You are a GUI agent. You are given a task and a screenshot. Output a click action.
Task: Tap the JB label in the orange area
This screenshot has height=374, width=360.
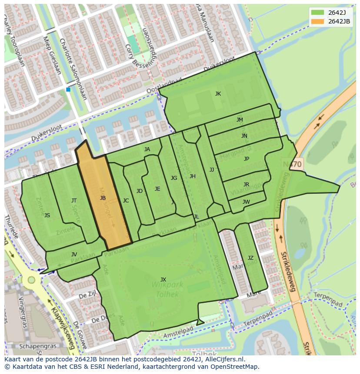click(x=103, y=198)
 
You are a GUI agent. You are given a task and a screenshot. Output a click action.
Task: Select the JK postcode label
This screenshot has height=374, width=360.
click(x=218, y=94)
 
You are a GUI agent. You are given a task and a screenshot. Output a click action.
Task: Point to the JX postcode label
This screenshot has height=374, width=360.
click(x=163, y=279)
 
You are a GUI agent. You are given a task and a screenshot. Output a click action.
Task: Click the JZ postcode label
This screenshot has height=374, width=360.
click(x=250, y=258)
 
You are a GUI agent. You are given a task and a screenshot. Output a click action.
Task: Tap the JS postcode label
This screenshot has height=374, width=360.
click(x=47, y=215)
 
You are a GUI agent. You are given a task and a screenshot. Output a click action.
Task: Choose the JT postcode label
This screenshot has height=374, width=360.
click(x=74, y=201)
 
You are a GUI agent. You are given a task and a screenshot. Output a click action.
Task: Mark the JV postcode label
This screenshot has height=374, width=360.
click(x=74, y=255)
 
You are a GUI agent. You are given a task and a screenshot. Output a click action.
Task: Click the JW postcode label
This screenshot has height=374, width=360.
click(x=246, y=202)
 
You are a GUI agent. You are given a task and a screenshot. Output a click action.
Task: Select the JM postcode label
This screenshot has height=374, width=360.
click(x=240, y=120)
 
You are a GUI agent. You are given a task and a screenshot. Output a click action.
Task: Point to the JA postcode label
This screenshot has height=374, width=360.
click(x=147, y=149)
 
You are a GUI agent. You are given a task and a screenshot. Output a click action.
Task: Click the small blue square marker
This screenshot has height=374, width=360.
click(x=68, y=89)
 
